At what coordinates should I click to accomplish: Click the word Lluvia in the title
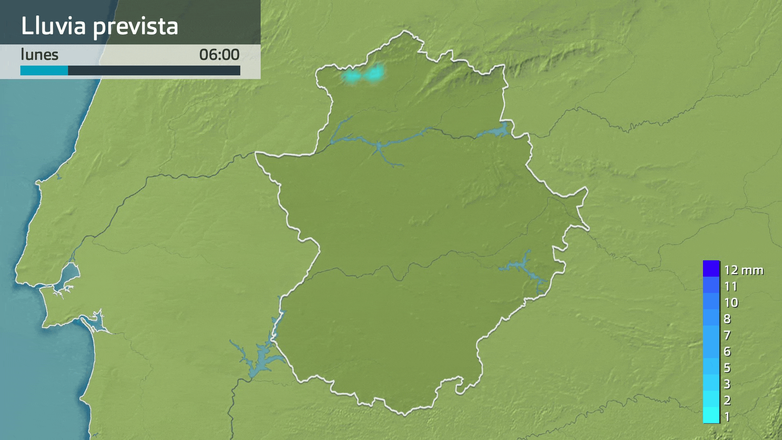coord(53,26)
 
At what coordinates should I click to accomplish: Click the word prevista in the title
coord(135,26)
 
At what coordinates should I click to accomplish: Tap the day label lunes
coord(40,55)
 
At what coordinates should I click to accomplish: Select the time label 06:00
coord(219,55)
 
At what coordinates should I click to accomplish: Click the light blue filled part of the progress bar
coord(44,70)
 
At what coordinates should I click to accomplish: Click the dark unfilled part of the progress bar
coord(154,70)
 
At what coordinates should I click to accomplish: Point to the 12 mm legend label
coord(743,270)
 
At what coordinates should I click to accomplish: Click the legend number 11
coord(731,286)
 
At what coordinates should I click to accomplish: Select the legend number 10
coord(731,302)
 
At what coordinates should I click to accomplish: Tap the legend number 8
coord(727,319)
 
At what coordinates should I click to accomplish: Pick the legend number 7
coord(727,335)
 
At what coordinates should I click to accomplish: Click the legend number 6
coord(727,351)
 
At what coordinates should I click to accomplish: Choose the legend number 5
coord(727,367)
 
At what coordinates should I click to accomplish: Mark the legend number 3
coord(727,384)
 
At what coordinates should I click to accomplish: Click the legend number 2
coord(727,400)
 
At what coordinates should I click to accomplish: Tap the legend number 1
coord(727,416)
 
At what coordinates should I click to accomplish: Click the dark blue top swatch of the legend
coord(711,268)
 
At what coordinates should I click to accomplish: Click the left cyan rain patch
coord(351,76)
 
